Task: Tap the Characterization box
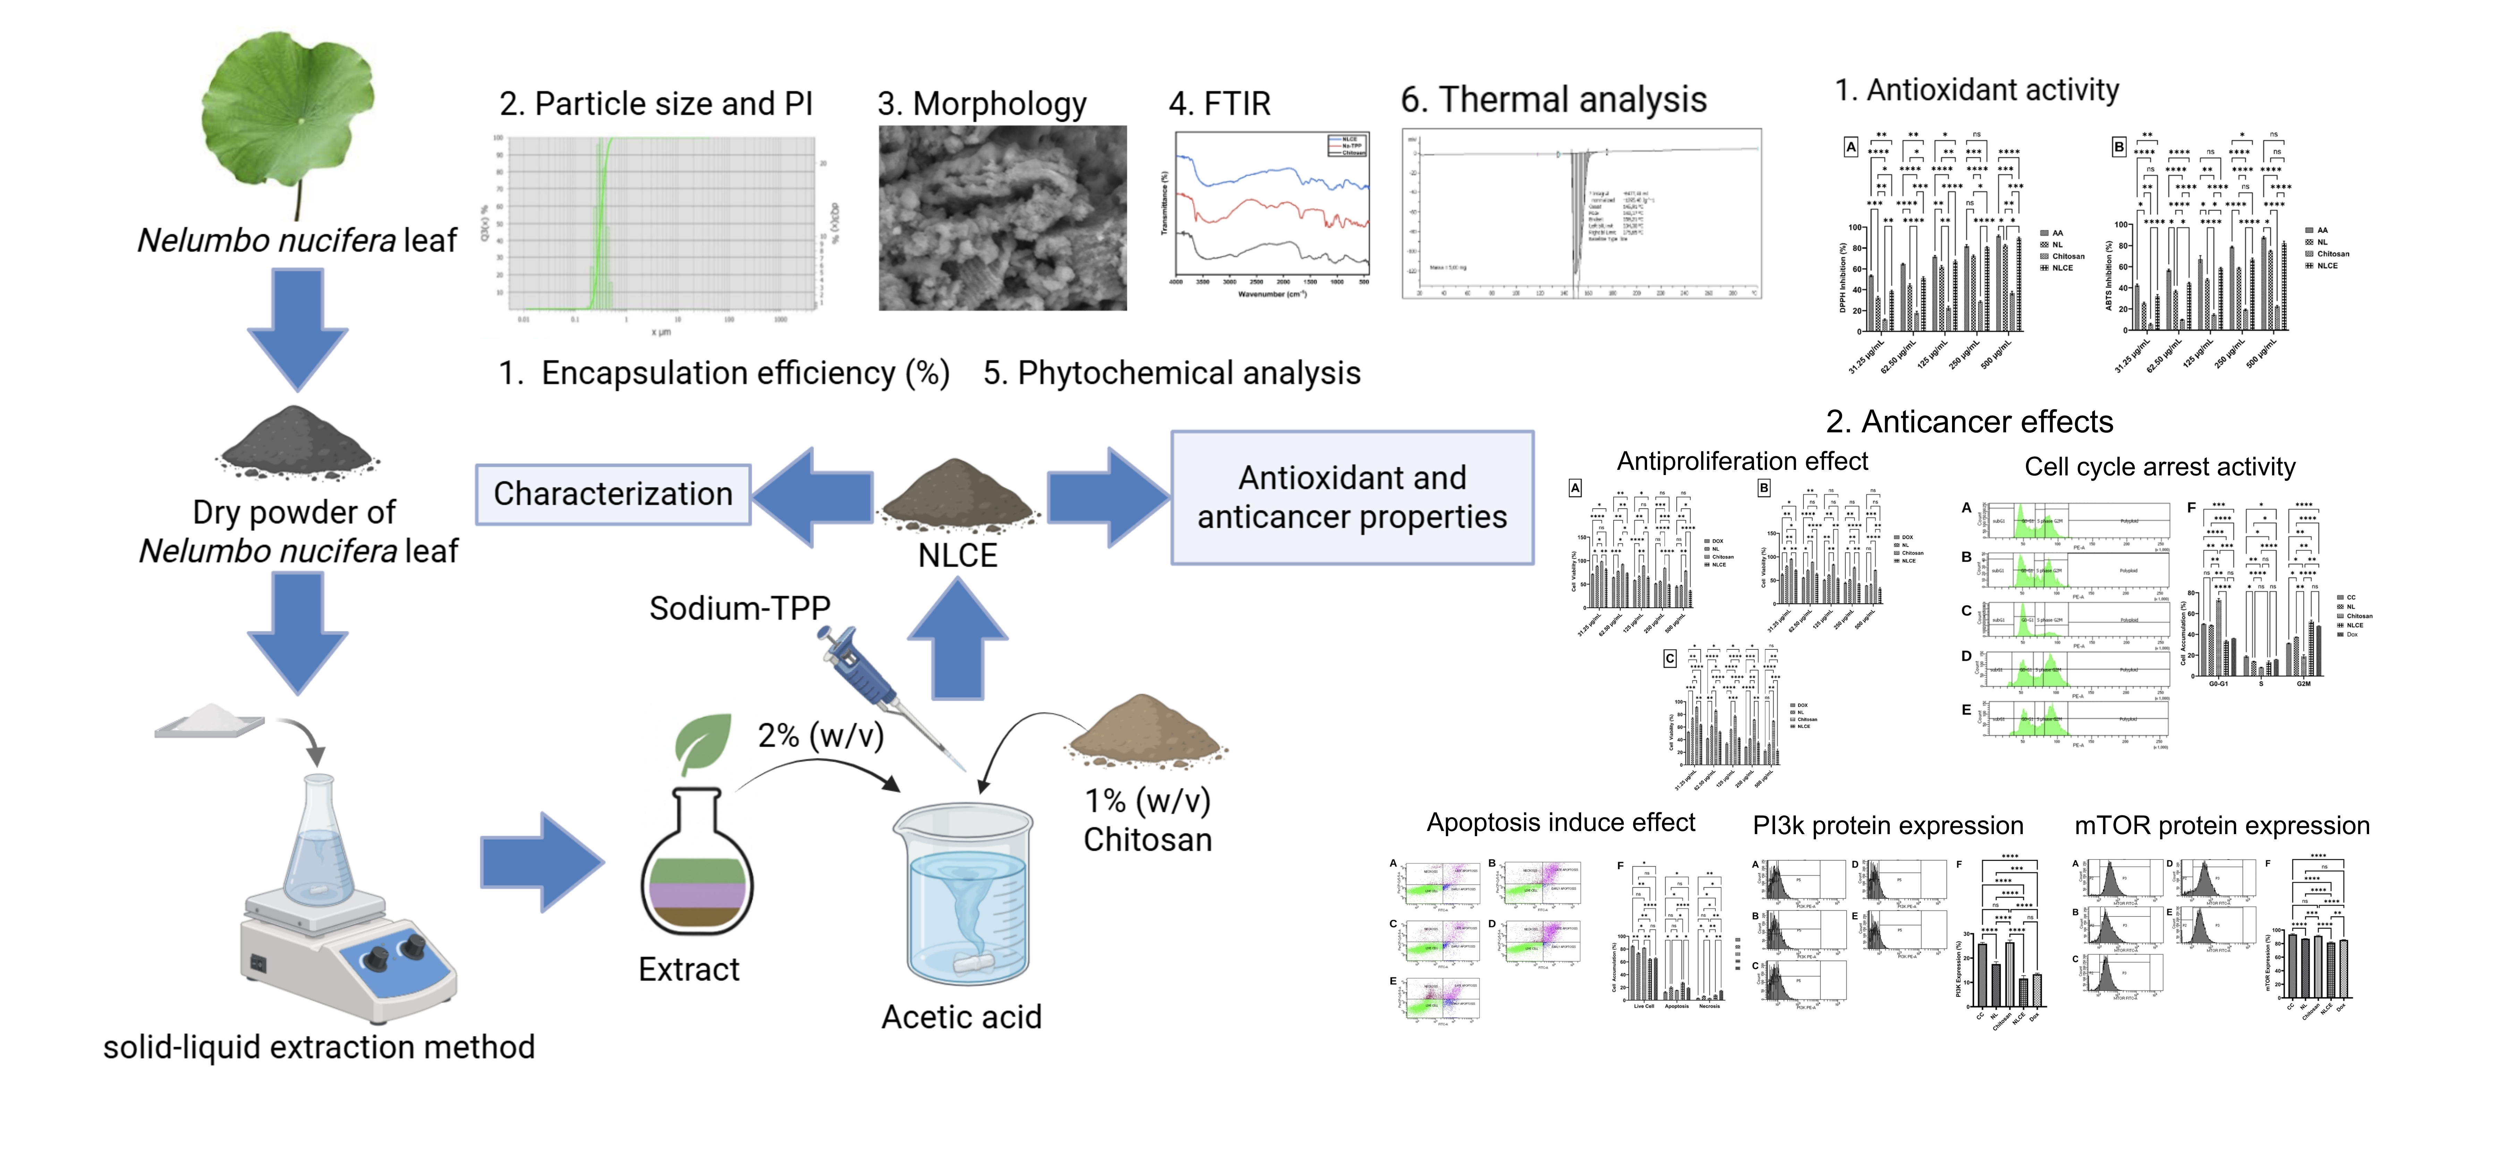point(613,494)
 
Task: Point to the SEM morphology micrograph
point(1002,218)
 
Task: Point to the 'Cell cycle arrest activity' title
point(2159,467)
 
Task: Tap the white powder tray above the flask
point(210,722)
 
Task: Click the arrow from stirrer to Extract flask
point(542,862)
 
